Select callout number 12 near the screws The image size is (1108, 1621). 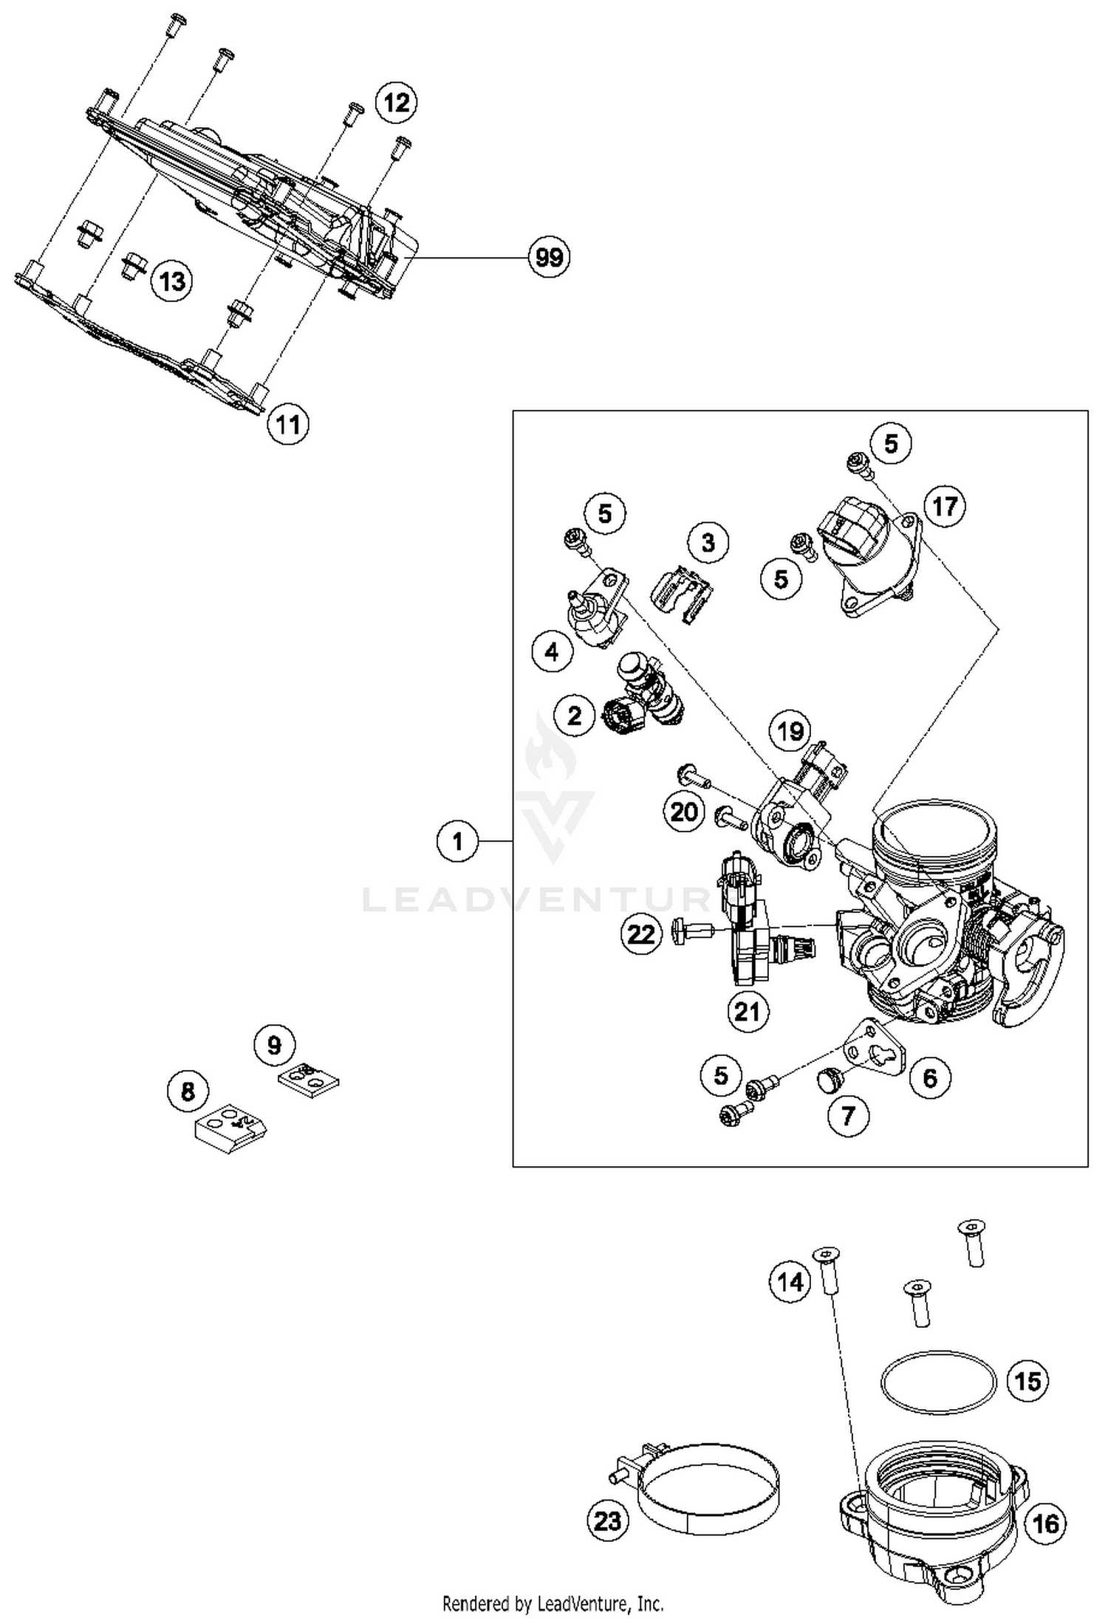tap(396, 102)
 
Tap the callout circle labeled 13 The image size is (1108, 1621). tap(172, 281)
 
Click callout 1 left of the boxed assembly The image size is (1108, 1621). tap(457, 841)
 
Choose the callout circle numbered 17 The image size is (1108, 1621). tap(945, 507)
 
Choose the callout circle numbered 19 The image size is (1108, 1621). tap(790, 731)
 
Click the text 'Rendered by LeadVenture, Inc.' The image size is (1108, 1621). tap(553, 1604)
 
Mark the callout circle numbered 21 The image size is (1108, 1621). tap(747, 1011)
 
